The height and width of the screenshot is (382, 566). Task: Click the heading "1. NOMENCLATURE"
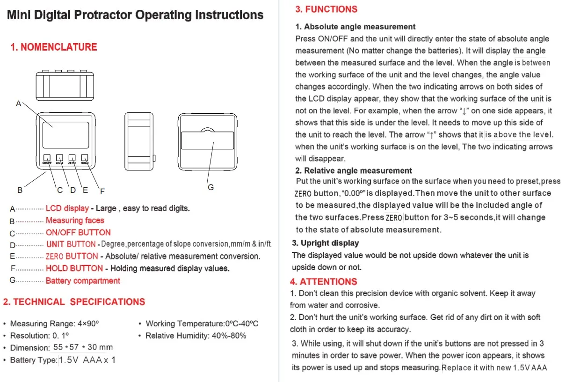[54, 47]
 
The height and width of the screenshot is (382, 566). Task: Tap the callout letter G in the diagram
[210, 187]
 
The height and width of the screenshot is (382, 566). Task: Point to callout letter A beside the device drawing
[19, 103]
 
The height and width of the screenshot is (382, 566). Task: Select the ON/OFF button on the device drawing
[47, 158]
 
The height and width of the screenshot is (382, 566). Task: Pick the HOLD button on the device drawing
[85, 158]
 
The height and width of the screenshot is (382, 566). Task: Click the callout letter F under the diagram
[102, 191]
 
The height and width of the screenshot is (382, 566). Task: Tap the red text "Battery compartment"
[83, 281]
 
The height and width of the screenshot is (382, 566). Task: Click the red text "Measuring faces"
[75, 220]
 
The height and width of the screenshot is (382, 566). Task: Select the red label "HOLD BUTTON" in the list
[74, 268]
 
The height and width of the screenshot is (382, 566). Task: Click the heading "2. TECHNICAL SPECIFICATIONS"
[74, 302]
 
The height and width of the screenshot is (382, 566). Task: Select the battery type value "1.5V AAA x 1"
[87, 360]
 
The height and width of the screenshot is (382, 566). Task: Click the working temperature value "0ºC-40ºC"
[242, 323]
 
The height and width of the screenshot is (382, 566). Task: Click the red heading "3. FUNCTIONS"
[326, 9]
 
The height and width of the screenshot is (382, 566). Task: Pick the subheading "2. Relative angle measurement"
[354, 170]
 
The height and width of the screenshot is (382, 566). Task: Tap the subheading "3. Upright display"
[326, 243]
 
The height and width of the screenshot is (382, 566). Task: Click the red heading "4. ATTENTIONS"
[323, 282]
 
